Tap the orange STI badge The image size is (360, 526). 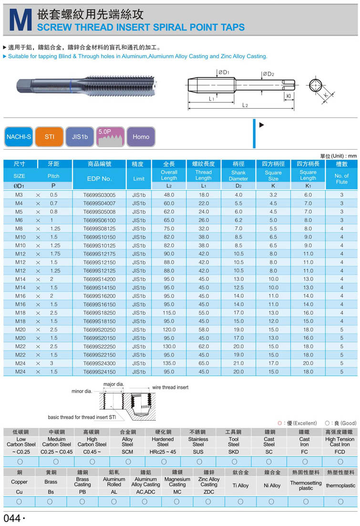click(x=50, y=137)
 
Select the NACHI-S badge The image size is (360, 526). click(x=19, y=137)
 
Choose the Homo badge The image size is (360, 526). click(x=141, y=137)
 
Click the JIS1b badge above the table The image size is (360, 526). click(x=80, y=137)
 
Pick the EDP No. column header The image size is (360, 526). click(x=99, y=179)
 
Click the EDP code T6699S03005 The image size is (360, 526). click(x=99, y=195)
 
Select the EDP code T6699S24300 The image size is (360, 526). click(x=99, y=363)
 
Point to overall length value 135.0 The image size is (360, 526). click(x=169, y=363)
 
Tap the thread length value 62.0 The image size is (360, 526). click(x=204, y=346)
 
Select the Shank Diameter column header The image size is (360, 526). click(x=238, y=176)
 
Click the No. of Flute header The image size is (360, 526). click(x=341, y=179)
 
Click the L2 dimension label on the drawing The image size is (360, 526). click(x=245, y=105)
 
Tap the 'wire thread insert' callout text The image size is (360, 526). click(x=170, y=387)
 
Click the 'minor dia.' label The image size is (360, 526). click(x=81, y=391)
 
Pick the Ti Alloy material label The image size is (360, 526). click(x=240, y=486)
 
